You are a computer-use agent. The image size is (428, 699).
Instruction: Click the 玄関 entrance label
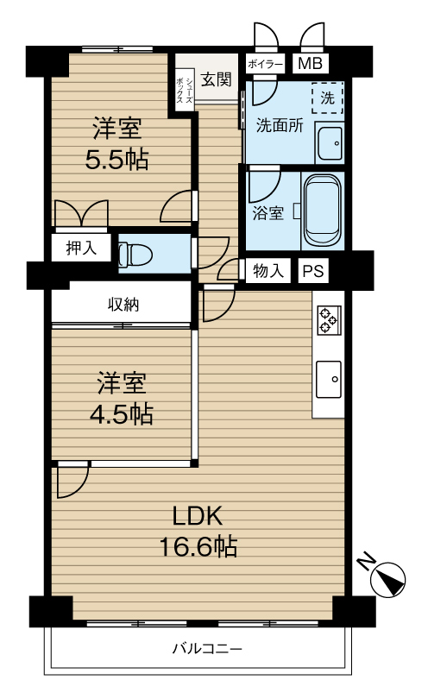pyautogui.click(x=217, y=79)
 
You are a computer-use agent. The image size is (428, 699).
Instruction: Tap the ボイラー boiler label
pyautogui.click(x=265, y=65)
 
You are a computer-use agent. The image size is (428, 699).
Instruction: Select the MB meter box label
pyautogui.click(x=311, y=63)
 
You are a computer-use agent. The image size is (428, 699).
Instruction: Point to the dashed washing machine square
pyautogui.click(x=327, y=98)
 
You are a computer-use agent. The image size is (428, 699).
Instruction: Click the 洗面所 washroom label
pyautogui.click(x=280, y=126)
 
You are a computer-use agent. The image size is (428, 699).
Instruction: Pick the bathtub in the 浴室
pyautogui.click(x=323, y=211)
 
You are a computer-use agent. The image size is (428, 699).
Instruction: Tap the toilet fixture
pyautogui.click(x=135, y=254)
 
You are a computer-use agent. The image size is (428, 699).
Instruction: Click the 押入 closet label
pyautogui.click(x=81, y=248)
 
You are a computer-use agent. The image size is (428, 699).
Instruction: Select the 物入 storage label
pyautogui.click(x=268, y=270)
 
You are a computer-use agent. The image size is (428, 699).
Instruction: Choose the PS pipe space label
pyautogui.click(x=313, y=271)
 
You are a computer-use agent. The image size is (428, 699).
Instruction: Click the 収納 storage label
pyautogui.click(x=123, y=305)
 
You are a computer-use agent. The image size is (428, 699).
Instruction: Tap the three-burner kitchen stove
pyautogui.click(x=329, y=320)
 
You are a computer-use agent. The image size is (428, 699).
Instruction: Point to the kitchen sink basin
pyautogui.click(x=329, y=380)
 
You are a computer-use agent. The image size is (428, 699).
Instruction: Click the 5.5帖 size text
pyautogui.click(x=116, y=160)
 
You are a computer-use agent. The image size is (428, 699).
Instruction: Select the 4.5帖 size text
pyautogui.click(x=122, y=414)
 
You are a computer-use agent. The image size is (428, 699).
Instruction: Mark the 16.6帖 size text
pyautogui.click(x=198, y=547)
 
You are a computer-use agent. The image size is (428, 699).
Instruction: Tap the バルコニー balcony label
pyautogui.click(x=207, y=648)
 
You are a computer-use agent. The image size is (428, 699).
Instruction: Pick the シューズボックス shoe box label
pyautogui.click(x=185, y=91)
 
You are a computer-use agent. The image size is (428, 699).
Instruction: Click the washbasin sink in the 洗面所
pyautogui.click(x=329, y=143)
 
